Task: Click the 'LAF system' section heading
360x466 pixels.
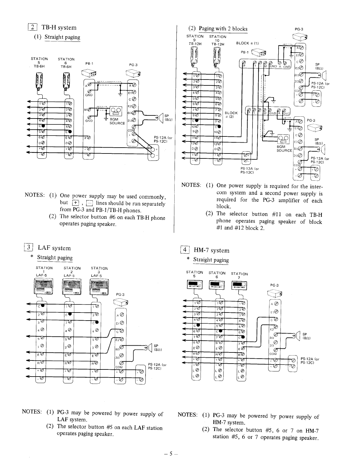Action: [x=54, y=248]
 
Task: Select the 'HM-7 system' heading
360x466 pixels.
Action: [x=211, y=250]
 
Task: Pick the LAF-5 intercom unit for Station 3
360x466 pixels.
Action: [x=99, y=287]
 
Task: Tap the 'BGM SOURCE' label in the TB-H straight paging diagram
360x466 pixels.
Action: [x=117, y=121]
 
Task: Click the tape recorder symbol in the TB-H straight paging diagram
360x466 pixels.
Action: [x=115, y=110]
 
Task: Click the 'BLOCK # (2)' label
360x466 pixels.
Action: [x=231, y=115]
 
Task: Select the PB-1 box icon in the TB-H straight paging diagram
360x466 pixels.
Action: [x=88, y=73]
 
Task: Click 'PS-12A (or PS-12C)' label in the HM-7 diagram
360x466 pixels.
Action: [x=310, y=360]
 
